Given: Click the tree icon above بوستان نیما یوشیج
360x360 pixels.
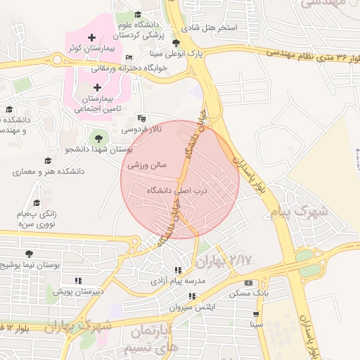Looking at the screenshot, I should tap(28, 254).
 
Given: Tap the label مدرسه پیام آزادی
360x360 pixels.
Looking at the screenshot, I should tap(178, 281).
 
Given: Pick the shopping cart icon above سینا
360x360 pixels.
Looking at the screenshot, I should tap(256, 314).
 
